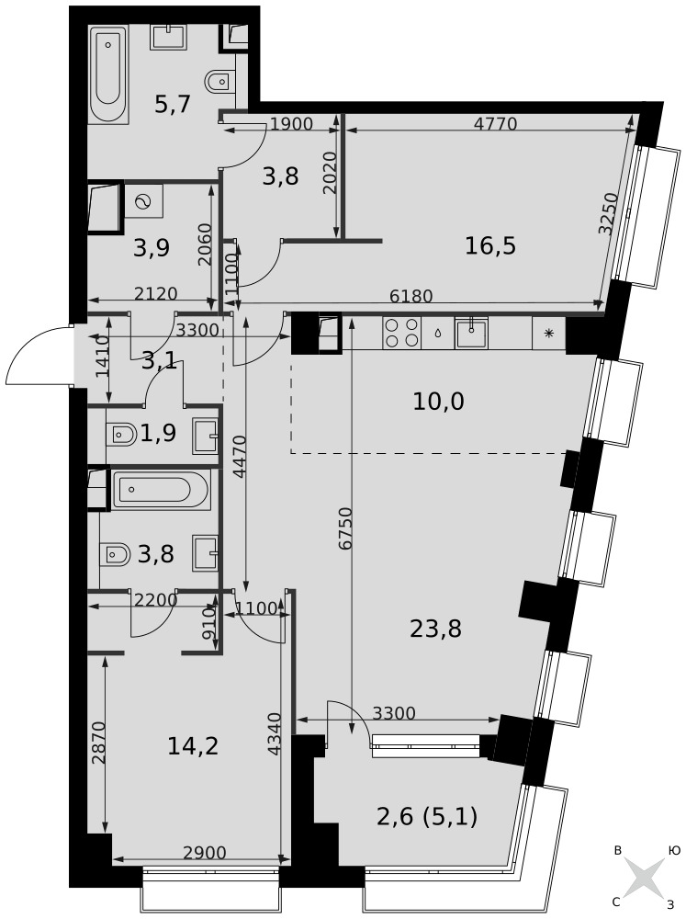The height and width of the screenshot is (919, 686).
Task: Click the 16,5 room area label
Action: click(490, 246)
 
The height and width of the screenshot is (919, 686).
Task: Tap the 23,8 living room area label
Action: click(436, 629)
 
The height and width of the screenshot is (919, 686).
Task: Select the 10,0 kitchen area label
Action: click(438, 403)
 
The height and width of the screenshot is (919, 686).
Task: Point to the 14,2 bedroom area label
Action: click(193, 746)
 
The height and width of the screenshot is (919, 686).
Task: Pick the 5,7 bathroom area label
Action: click(173, 105)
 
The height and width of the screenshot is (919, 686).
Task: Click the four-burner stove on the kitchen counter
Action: click(401, 333)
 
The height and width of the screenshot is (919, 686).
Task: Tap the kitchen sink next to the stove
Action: click(471, 333)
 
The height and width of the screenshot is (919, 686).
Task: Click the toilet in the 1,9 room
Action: click(120, 435)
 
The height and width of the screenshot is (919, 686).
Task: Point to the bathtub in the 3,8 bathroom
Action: click(160, 490)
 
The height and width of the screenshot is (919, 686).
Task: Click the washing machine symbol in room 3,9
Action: click(143, 201)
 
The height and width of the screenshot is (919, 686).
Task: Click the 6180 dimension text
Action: click(411, 297)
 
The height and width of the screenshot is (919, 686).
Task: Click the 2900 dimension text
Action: click(205, 853)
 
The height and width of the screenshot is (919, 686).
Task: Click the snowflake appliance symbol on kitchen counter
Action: click(549, 334)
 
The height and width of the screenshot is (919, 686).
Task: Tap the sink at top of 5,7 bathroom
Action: click(169, 37)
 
